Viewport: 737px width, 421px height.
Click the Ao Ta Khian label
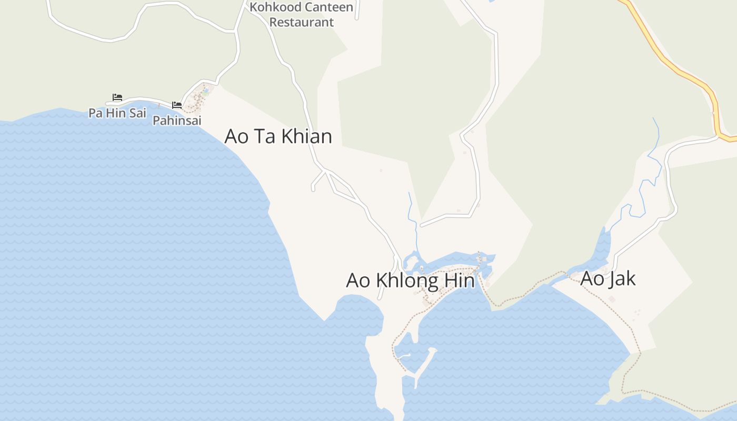278,136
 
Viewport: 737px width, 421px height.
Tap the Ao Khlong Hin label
410,280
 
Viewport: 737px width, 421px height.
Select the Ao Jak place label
607,278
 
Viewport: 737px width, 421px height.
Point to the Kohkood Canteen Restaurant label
302,15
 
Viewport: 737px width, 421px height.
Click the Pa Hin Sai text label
117,113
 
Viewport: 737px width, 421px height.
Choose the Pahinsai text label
177,121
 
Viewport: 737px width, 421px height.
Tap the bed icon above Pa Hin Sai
117,97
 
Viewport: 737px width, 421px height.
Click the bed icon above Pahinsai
177,105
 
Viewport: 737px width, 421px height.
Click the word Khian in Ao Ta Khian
306,136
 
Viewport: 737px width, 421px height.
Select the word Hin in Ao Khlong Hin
459,280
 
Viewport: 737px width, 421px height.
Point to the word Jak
621,278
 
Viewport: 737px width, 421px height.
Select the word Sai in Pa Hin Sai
136,113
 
